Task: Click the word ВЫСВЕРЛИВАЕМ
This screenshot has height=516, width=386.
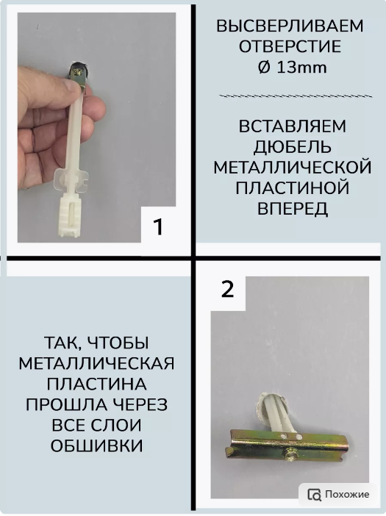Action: pyautogui.click(x=289, y=27)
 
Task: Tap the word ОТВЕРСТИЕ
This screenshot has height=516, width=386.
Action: pyautogui.click(x=289, y=48)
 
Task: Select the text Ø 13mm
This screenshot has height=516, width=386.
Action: pyautogui.click(x=289, y=68)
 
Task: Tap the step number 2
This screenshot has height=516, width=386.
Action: pyautogui.click(x=227, y=289)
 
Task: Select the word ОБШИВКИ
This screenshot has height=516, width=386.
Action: pyautogui.click(x=96, y=445)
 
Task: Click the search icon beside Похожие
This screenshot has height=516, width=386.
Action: pyautogui.click(x=314, y=494)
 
